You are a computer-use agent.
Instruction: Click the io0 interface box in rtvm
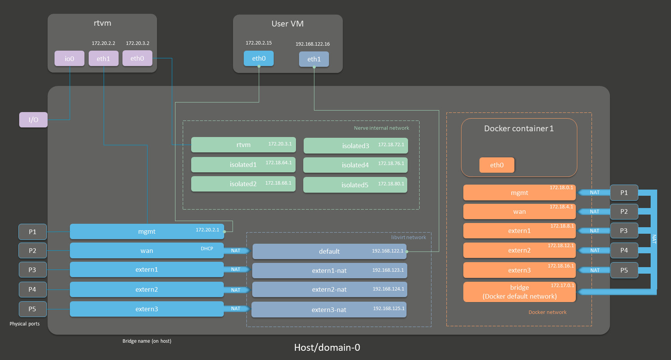pyautogui.click(x=69, y=58)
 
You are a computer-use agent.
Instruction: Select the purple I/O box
pyautogui.click(x=33, y=120)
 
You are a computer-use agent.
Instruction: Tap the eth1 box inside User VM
pyautogui.click(x=314, y=59)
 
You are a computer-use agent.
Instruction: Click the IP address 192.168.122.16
pyautogui.click(x=312, y=44)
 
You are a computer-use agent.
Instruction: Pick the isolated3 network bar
pyautogui.click(x=355, y=146)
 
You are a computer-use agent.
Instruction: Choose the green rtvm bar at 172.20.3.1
pyautogui.click(x=243, y=145)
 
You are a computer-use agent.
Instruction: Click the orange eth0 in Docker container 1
pyautogui.click(x=497, y=165)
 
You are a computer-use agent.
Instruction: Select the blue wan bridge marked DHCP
pyautogui.click(x=147, y=251)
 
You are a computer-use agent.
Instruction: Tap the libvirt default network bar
pyautogui.click(x=329, y=251)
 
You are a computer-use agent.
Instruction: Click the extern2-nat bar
pyautogui.click(x=329, y=289)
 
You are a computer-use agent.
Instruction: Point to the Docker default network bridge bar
pyautogui.click(x=519, y=292)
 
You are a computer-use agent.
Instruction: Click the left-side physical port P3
pyautogui.click(x=33, y=270)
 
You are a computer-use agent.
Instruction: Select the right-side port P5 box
pyautogui.click(x=624, y=270)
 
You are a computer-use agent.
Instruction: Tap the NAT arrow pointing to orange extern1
pyautogui.click(x=594, y=231)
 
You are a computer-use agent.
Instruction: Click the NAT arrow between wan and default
pyautogui.click(x=237, y=251)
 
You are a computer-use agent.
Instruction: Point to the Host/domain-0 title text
pyautogui.click(x=327, y=347)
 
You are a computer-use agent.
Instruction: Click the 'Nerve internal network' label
pyautogui.click(x=382, y=128)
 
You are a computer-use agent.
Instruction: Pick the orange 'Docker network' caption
pyautogui.click(x=547, y=312)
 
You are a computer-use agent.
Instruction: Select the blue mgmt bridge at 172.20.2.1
pyautogui.click(x=147, y=231)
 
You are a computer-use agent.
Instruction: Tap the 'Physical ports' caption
pyautogui.click(x=25, y=324)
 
